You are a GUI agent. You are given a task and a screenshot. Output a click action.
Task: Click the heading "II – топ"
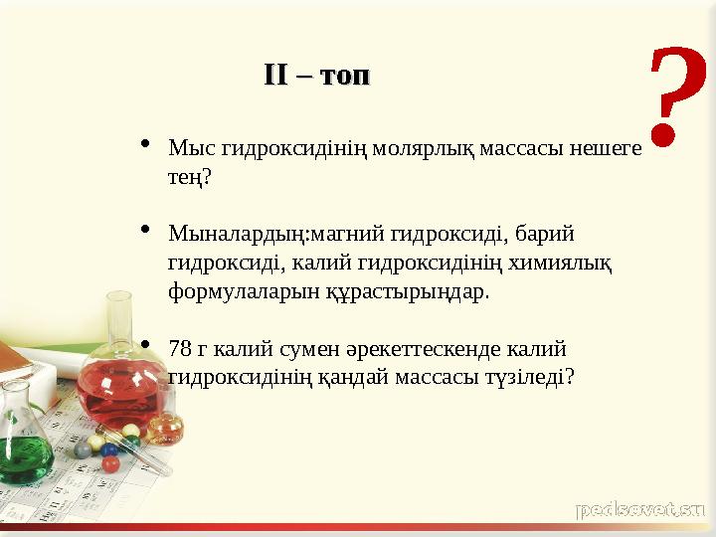point(316,76)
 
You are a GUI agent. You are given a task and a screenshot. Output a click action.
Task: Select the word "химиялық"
point(559,264)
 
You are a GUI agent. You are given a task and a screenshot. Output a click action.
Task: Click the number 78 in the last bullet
point(180,349)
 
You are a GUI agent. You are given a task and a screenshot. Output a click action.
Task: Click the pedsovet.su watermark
point(640,510)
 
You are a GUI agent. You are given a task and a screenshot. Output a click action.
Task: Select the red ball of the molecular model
point(110,463)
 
